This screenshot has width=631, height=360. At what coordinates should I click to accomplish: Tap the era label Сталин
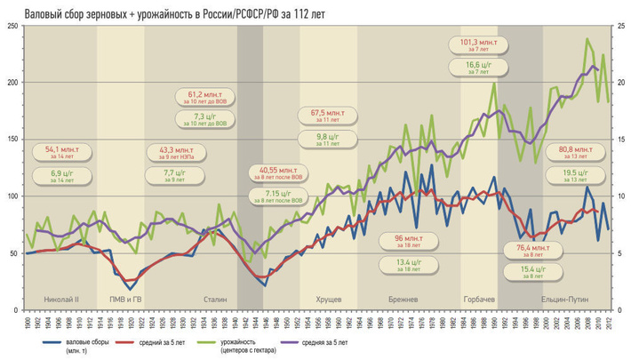point(216,300)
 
